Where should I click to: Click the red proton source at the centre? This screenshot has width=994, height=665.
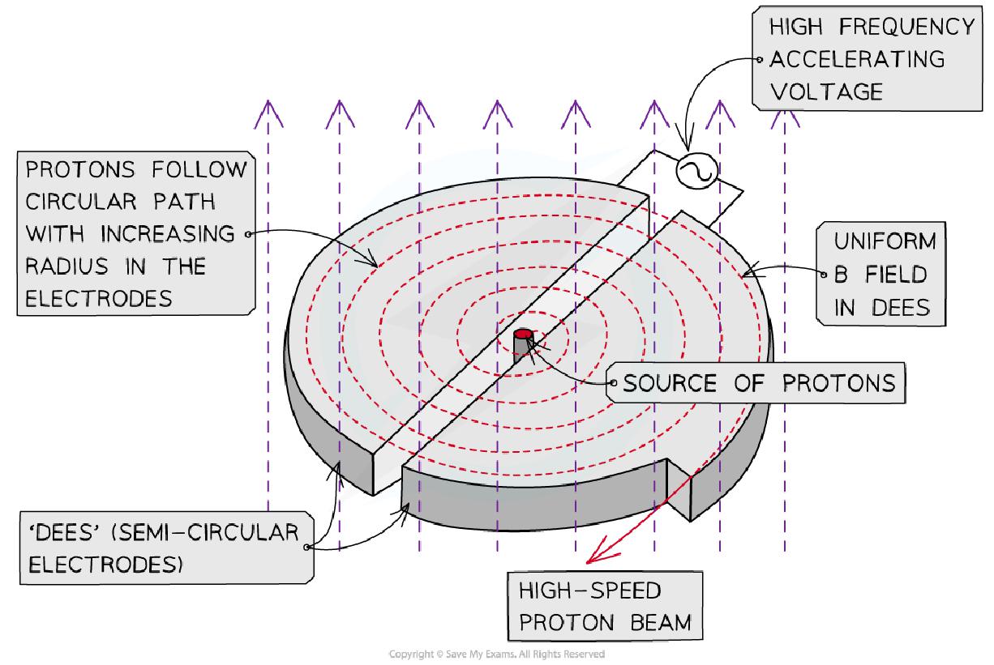(x=523, y=334)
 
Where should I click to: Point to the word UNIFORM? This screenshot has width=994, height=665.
(x=885, y=242)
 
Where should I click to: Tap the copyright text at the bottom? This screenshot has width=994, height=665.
(x=497, y=654)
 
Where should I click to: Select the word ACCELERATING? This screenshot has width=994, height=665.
(x=857, y=59)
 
